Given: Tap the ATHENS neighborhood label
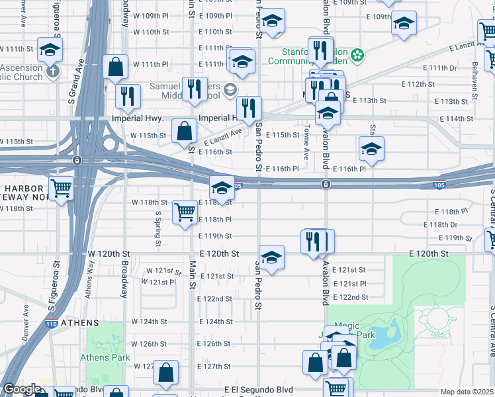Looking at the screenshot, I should point(79,323).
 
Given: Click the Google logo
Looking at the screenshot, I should point(21,390).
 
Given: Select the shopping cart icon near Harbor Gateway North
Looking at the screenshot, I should point(61,189).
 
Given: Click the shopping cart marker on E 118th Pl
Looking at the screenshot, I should point(185,212).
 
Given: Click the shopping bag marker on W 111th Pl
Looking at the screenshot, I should point(116,67).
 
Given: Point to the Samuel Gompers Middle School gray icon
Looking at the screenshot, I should point(229,89).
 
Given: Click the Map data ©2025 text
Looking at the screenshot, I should point(467,392).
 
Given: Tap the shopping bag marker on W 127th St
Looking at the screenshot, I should point(165,373).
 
